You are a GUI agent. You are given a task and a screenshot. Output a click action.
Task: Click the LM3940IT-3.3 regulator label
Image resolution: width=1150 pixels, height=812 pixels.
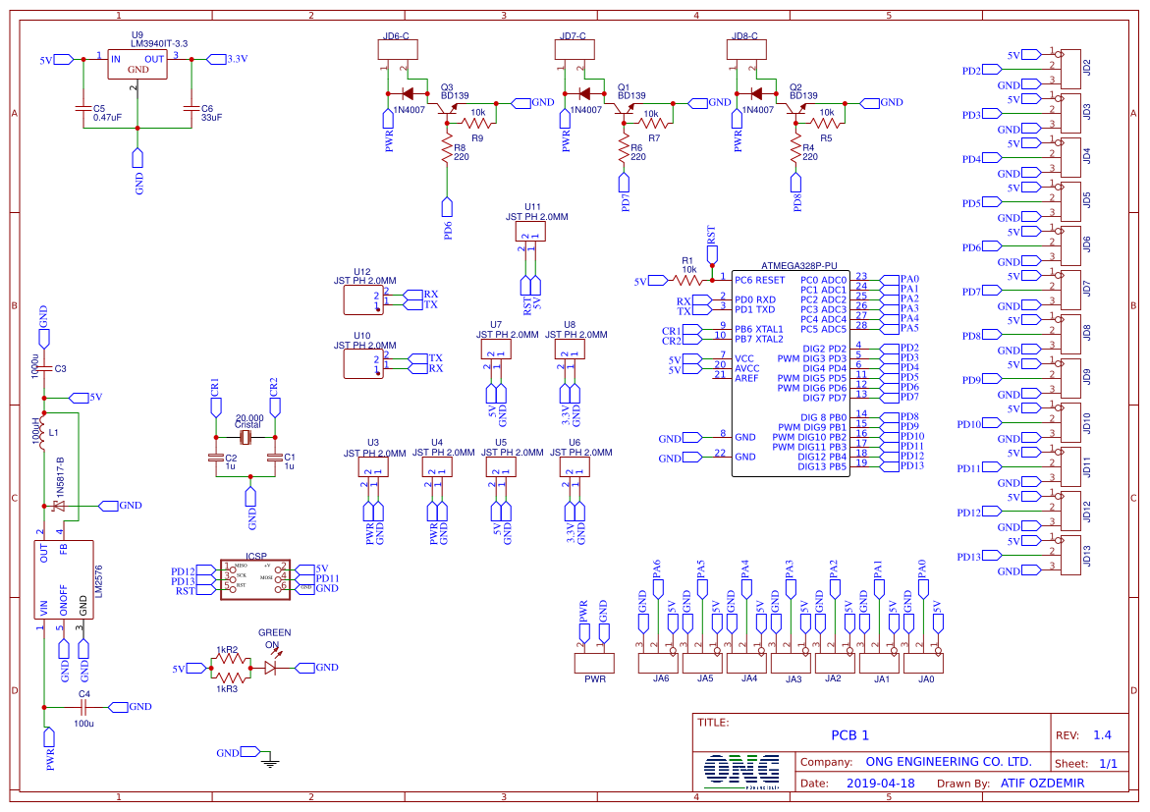click(x=160, y=44)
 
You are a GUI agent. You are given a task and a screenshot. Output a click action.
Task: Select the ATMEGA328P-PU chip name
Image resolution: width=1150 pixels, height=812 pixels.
click(x=798, y=265)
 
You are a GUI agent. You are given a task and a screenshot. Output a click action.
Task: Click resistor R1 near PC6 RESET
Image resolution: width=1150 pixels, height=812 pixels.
click(x=688, y=280)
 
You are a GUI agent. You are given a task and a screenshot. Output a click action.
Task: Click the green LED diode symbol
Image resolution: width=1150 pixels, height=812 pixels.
click(x=271, y=668)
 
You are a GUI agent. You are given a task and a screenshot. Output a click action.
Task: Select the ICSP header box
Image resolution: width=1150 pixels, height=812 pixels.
click(x=254, y=580)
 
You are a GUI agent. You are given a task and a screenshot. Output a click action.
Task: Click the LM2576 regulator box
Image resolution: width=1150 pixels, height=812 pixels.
click(x=64, y=579)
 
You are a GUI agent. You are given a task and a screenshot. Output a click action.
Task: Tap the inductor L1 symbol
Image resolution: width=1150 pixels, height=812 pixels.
click(x=42, y=435)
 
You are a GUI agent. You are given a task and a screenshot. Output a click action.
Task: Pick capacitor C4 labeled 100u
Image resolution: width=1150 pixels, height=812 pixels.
click(x=83, y=706)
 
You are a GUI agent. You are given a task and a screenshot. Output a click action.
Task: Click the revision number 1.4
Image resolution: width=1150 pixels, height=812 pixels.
click(x=1102, y=735)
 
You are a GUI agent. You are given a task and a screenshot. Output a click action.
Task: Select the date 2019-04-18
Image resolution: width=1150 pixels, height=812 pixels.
click(x=880, y=784)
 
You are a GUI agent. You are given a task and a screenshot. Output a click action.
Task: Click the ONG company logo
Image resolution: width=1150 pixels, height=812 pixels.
click(x=741, y=771)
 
